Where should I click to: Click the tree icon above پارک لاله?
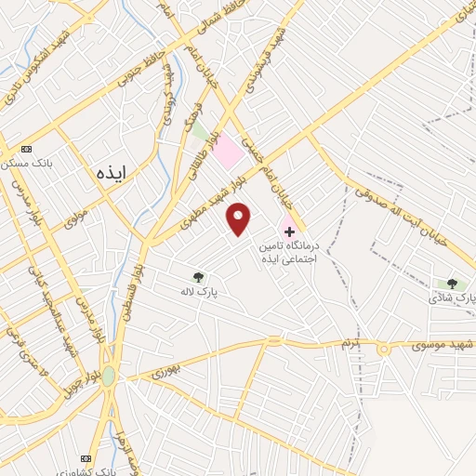click(x=197, y=276)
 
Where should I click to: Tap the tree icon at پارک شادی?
click(x=452, y=284)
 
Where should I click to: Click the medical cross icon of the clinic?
click(x=289, y=231)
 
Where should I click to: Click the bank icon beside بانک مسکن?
click(x=25, y=149)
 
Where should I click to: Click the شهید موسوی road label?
click(x=441, y=345)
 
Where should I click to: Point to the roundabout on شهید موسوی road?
click(x=383, y=350)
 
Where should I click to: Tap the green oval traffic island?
click(x=109, y=377)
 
